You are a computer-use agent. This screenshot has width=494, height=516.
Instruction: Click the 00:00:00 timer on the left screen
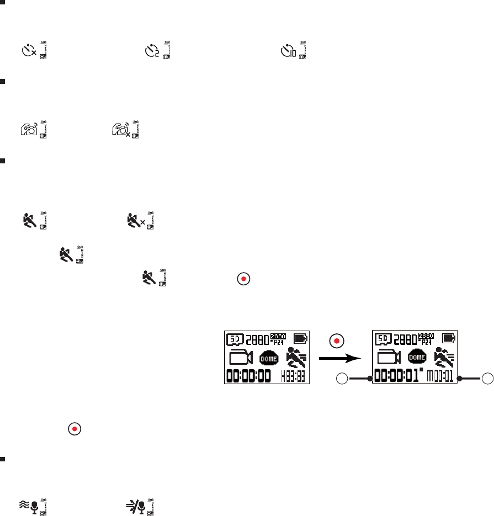[249, 377]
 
